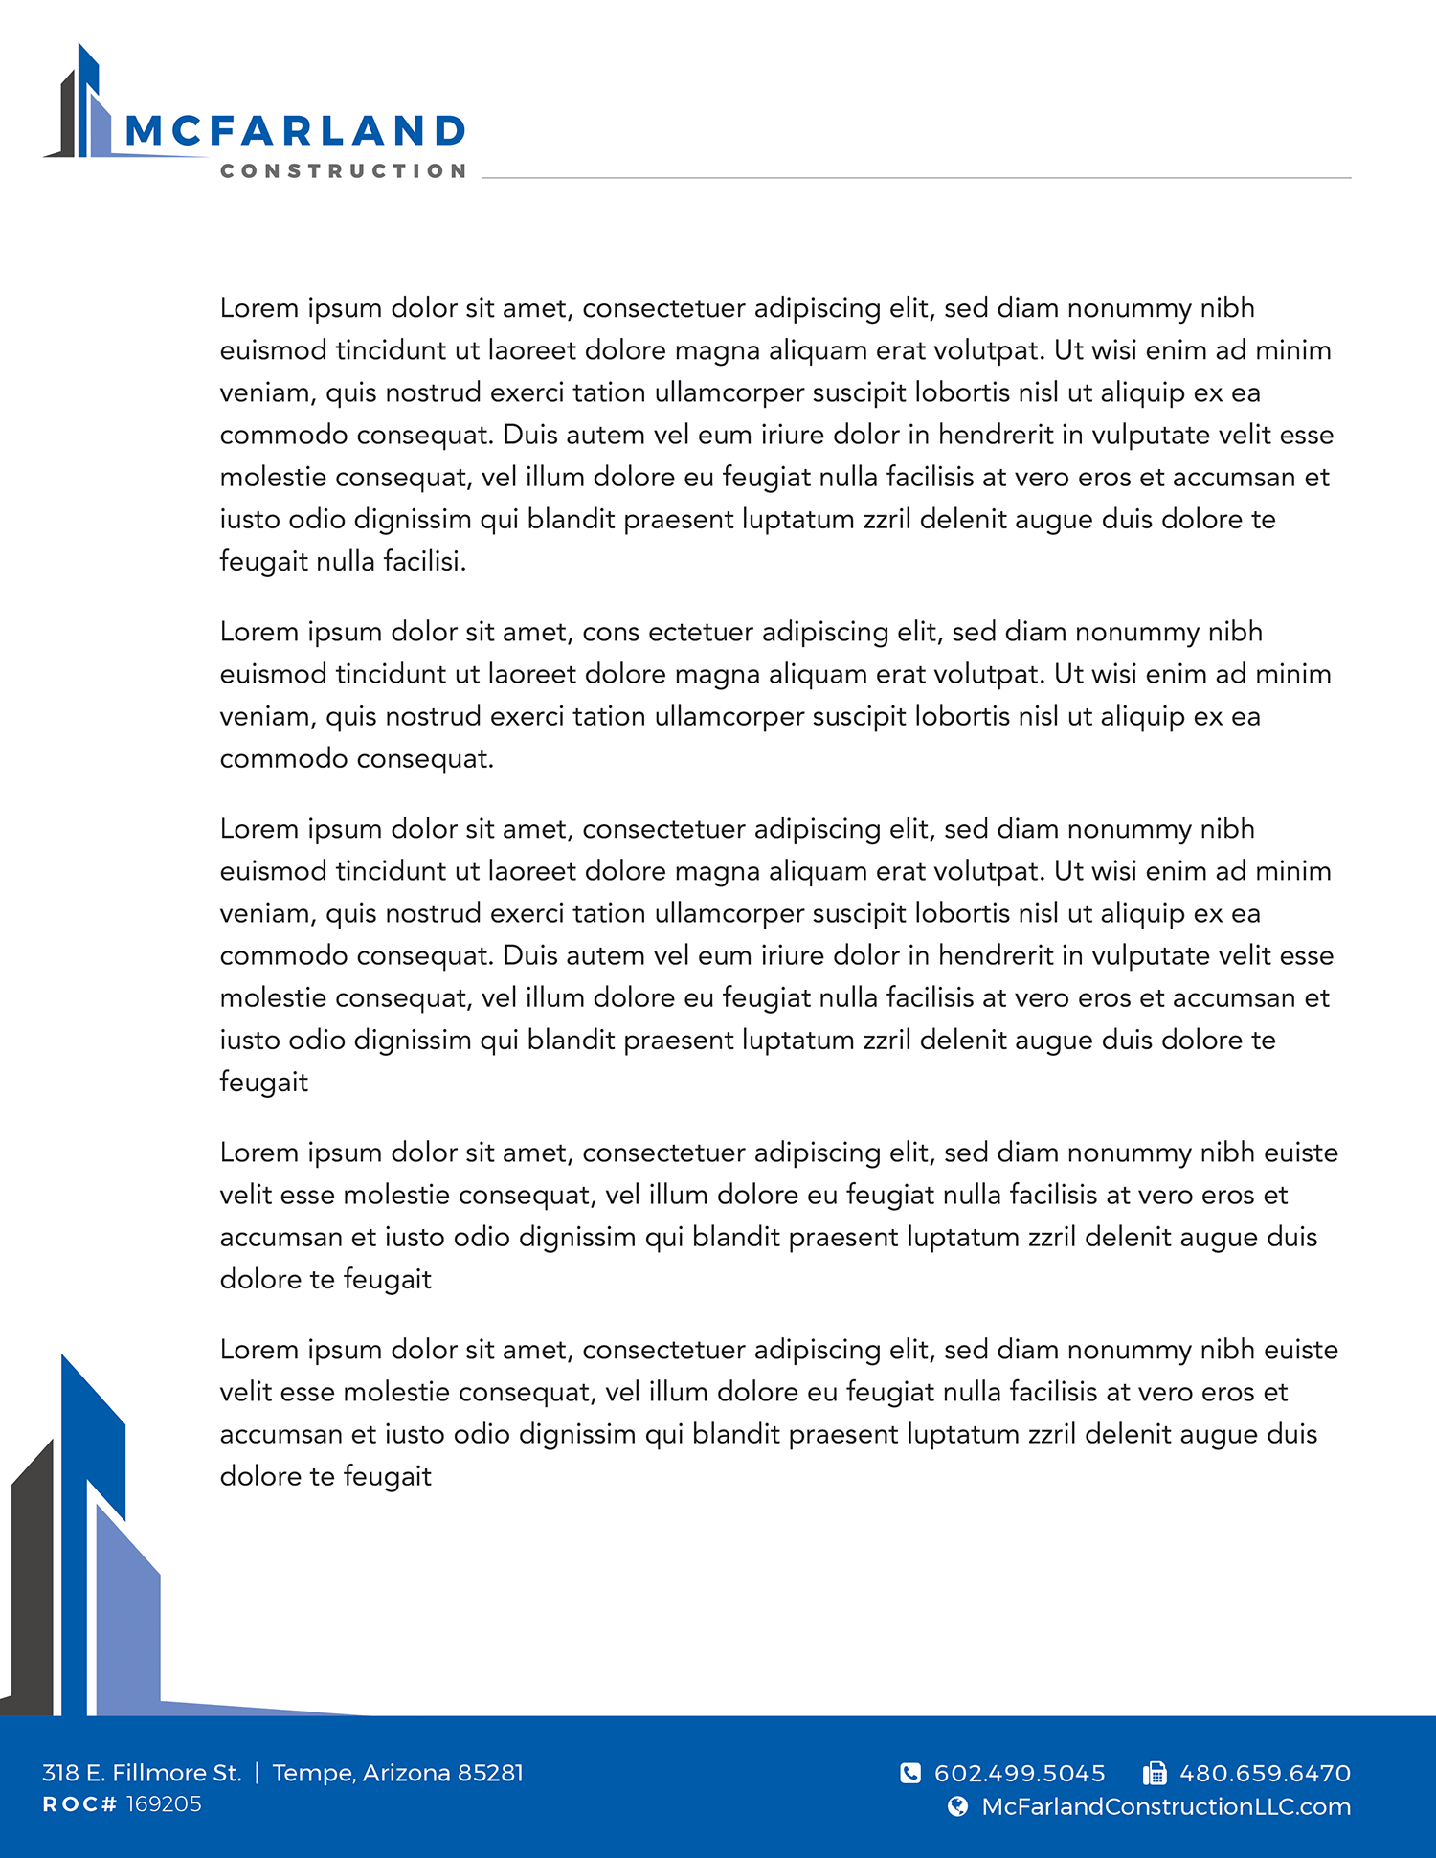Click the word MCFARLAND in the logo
click(295, 131)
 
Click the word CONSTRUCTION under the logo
click(343, 171)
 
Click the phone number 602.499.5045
click(1020, 1774)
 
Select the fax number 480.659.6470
click(1265, 1774)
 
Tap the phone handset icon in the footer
click(910, 1774)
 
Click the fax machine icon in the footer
click(1155, 1774)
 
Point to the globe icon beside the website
click(957, 1806)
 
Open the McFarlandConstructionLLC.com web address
click(1166, 1806)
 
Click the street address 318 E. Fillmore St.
click(142, 1773)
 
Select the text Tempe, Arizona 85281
click(397, 1773)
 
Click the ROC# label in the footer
click(79, 1804)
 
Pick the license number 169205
click(164, 1804)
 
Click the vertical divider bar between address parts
click(257, 1773)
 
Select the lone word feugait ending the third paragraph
click(264, 1082)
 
